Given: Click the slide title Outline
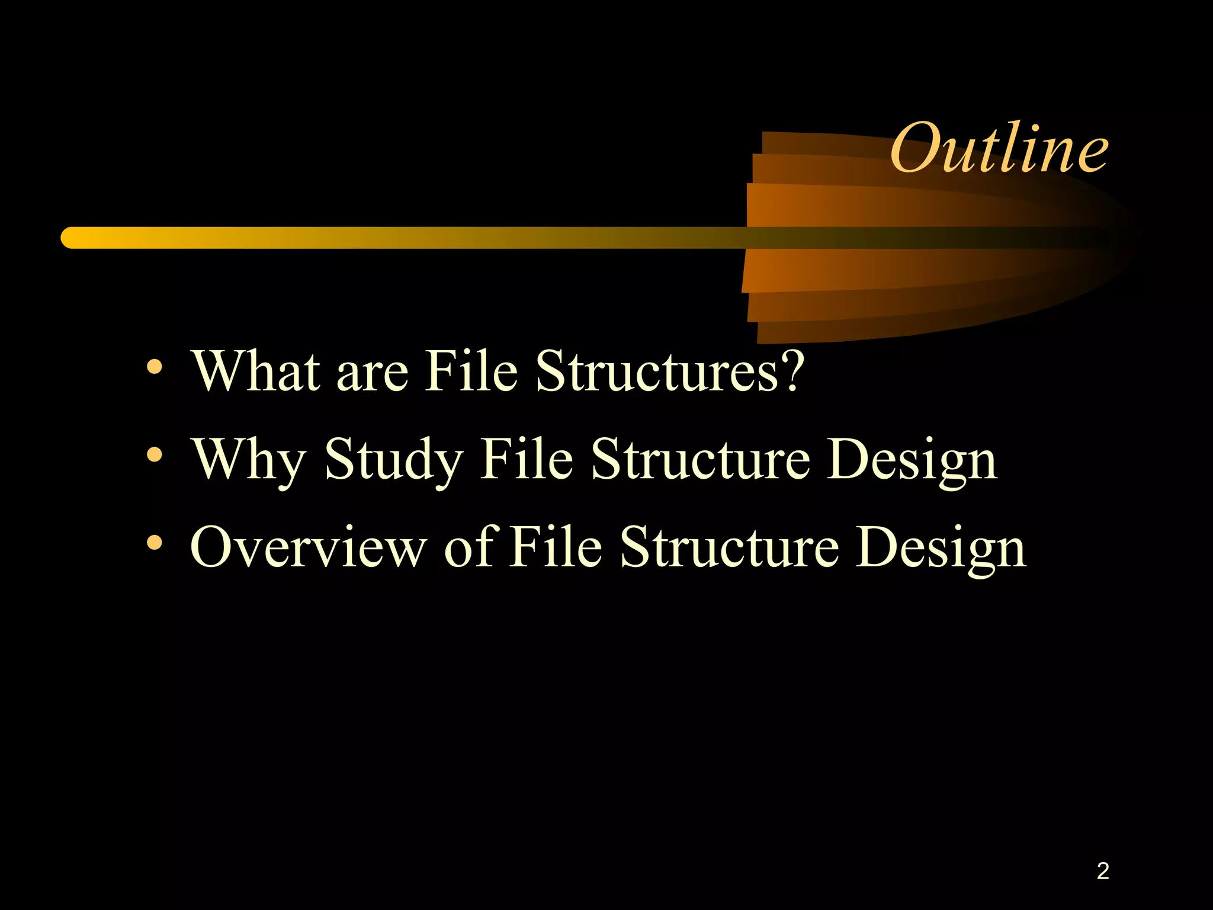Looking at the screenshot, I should [x=999, y=148].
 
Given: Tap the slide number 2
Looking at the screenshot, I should [x=1102, y=871].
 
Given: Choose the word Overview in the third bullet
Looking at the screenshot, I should [x=309, y=547].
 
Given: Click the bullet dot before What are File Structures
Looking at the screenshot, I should [x=155, y=367].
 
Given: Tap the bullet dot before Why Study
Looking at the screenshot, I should [x=155, y=455].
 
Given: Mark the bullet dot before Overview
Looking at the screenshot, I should [x=155, y=543].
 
